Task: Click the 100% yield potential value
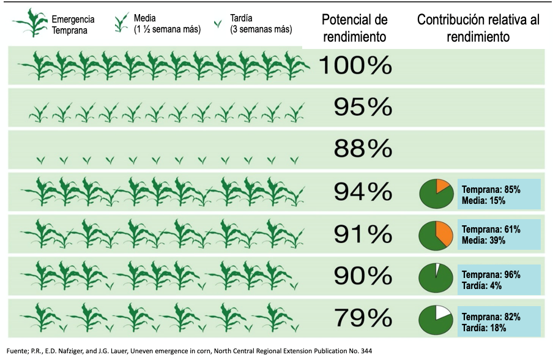pyautogui.click(x=355, y=65)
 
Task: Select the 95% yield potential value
pyautogui.click(x=362, y=107)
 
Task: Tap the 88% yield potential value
pyautogui.click(x=362, y=149)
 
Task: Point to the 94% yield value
pyautogui.click(x=362, y=192)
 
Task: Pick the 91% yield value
pyautogui.click(x=362, y=234)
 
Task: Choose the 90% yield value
pyautogui.click(x=362, y=276)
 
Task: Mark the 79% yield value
pyautogui.click(x=362, y=318)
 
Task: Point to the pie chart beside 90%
pyautogui.click(x=435, y=278)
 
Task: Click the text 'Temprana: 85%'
pyautogui.click(x=491, y=190)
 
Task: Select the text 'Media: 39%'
pyautogui.click(x=483, y=241)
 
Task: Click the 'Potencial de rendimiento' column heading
pyautogui.click(x=354, y=28)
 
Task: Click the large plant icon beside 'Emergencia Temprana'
pyautogui.click(x=31, y=24)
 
